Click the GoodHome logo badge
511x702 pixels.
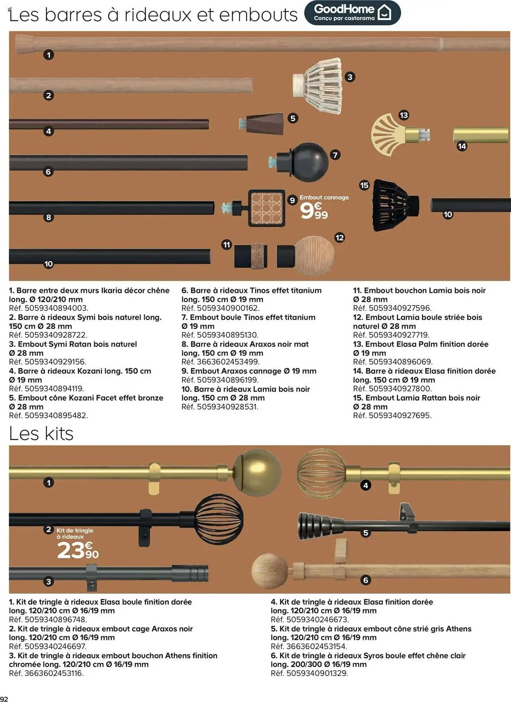pyautogui.click(x=352, y=13)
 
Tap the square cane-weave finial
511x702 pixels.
pyautogui.click(x=266, y=208)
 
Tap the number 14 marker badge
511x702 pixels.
pyautogui.click(x=462, y=146)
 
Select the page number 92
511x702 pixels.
pyautogui.click(x=4, y=698)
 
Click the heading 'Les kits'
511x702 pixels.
pyautogui.click(x=41, y=433)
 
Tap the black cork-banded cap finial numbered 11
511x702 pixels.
pyautogui.click(x=250, y=256)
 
